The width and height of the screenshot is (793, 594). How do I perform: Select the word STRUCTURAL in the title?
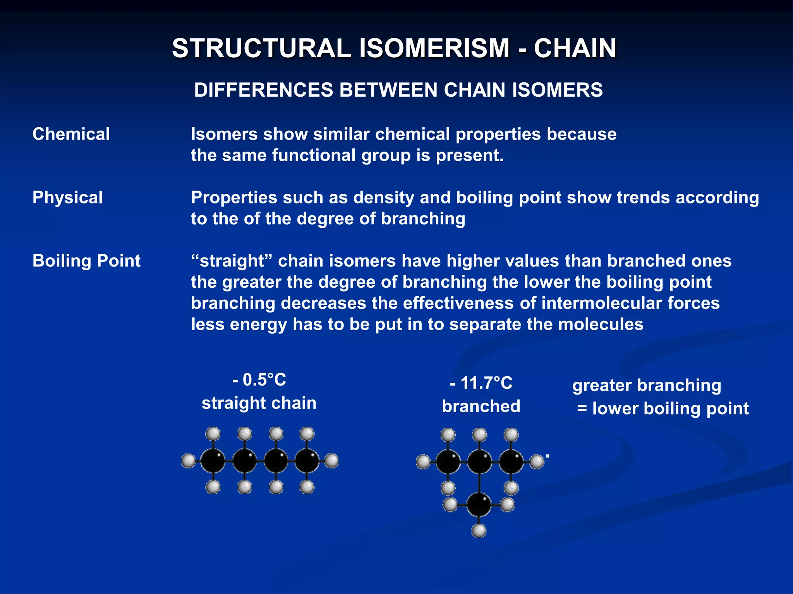[261, 48]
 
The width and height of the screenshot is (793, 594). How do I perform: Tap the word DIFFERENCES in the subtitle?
[263, 90]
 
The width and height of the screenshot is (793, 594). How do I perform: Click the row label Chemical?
[71, 134]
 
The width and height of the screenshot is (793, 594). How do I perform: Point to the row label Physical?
[68, 198]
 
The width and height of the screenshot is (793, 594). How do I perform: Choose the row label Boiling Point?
[86, 261]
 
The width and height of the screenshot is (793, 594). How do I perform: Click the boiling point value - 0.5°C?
[259, 380]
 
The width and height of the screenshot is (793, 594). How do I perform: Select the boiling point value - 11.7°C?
[481, 383]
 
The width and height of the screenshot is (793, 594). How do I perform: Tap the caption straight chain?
[259, 403]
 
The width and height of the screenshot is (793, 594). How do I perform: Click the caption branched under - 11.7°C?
[481, 406]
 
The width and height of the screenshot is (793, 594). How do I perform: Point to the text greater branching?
[647, 385]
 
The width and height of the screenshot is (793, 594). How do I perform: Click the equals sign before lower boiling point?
[582, 408]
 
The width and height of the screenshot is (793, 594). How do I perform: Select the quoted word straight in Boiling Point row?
[232, 261]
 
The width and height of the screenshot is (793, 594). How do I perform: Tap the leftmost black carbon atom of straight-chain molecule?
[213, 461]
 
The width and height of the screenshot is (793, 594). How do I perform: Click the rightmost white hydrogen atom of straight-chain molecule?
[331, 461]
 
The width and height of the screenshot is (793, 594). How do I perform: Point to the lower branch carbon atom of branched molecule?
[479, 505]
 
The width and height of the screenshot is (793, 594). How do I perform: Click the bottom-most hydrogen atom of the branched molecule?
[479, 531]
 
